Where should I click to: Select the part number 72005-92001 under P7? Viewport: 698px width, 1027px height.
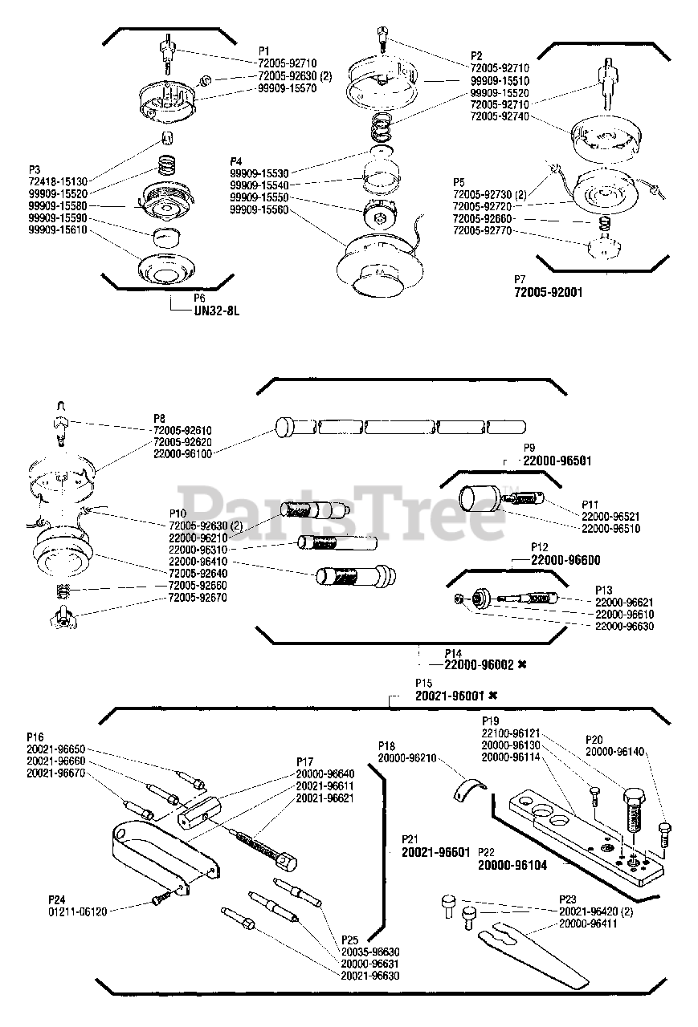548,292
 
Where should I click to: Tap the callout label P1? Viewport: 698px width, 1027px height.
264,51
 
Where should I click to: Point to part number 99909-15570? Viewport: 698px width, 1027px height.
287,88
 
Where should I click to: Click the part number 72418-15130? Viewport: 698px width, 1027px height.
59,182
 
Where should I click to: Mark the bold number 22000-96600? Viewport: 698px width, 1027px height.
565,560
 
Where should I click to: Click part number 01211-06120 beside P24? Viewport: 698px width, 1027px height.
77,911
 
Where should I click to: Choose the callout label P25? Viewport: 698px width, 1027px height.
349,939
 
